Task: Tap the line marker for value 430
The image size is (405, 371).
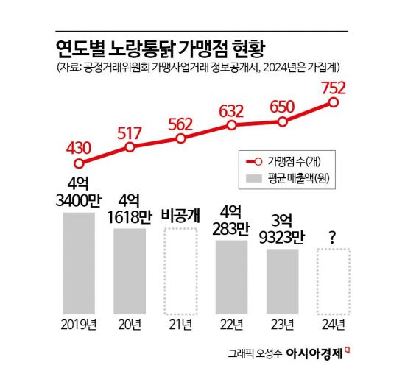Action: (80, 163)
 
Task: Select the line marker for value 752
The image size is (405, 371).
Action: (334, 102)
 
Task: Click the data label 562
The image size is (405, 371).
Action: (181, 123)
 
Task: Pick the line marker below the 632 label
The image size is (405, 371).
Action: (232, 125)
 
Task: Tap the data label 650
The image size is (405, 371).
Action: (283, 106)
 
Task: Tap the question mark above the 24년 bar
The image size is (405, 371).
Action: (333, 237)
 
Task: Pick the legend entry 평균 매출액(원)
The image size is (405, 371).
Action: (296, 178)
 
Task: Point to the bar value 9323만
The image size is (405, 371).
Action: (283, 238)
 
